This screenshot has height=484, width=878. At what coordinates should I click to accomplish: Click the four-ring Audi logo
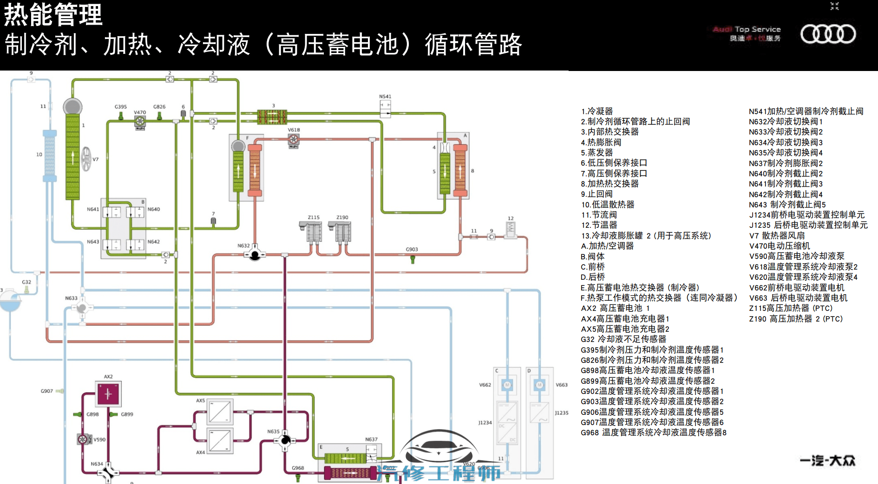click(x=828, y=34)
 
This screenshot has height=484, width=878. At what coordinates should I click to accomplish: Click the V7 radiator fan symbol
click(x=86, y=159)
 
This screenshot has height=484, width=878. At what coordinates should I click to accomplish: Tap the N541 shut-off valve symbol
click(x=385, y=108)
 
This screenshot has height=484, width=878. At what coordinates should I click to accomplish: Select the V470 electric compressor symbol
click(x=140, y=122)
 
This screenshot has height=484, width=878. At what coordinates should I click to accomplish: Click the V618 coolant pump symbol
click(x=294, y=140)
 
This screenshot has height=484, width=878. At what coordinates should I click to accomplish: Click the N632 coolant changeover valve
click(x=255, y=254)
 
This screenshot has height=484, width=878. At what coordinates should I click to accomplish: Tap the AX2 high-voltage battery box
click(x=108, y=394)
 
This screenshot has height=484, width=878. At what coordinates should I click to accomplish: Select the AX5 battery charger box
click(x=219, y=412)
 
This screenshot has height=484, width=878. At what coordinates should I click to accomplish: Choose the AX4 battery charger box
click(x=219, y=440)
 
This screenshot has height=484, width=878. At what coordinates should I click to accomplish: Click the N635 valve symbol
click(x=285, y=440)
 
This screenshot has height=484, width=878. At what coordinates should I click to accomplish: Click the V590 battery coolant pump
click(x=83, y=439)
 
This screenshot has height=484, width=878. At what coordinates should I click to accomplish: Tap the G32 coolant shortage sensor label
click(x=26, y=282)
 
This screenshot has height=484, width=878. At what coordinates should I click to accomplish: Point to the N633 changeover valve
click(x=82, y=308)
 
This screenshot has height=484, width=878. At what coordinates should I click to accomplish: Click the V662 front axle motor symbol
click(x=507, y=385)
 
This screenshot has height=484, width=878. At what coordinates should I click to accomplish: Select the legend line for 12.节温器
click(x=599, y=225)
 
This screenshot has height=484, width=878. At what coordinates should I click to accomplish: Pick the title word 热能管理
click(x=53, y=15)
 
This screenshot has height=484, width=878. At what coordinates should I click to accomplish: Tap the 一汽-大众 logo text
click(x=827, y=461)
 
